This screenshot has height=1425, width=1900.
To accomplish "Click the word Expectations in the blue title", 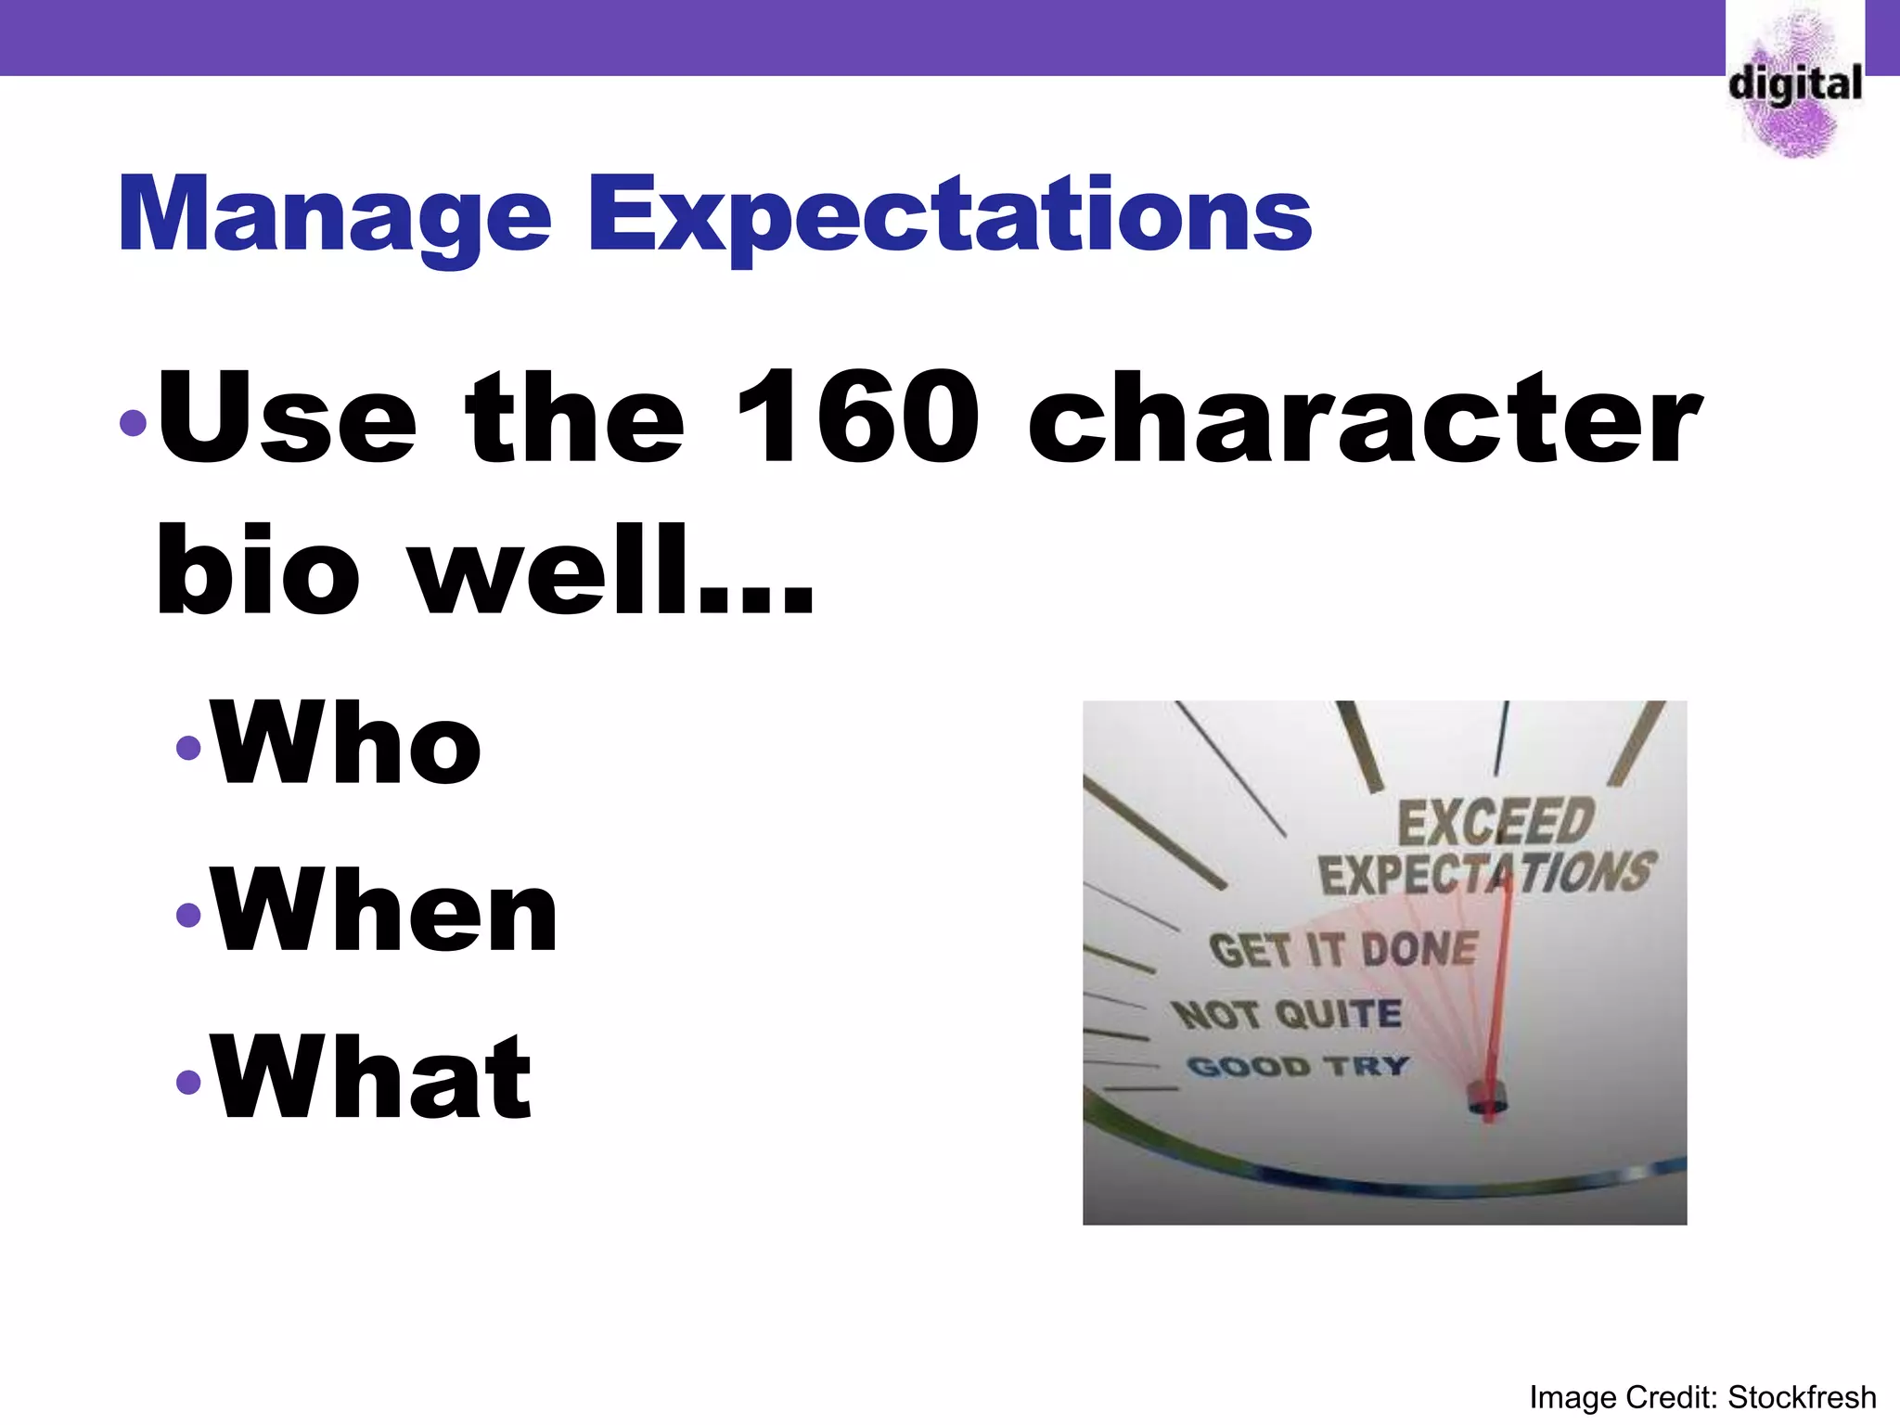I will [x=949, y=215].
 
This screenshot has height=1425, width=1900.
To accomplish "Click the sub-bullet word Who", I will [x=346, y=742].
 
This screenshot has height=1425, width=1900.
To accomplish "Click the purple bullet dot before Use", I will [x=134, y=423].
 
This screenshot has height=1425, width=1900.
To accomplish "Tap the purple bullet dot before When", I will [x=188, y=915].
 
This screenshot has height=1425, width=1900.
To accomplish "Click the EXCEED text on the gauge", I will [x=1496, y=821].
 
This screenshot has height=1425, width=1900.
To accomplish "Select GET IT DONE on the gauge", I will [x=1343, y=950].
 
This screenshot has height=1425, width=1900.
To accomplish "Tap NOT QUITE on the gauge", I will [x=1288, y=1013].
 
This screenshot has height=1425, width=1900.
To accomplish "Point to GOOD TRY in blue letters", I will [x=1297, y=1066].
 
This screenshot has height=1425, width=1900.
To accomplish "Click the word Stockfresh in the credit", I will [x=1802, y=1397].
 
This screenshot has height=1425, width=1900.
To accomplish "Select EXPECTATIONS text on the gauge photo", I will [x=1486, y=874].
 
